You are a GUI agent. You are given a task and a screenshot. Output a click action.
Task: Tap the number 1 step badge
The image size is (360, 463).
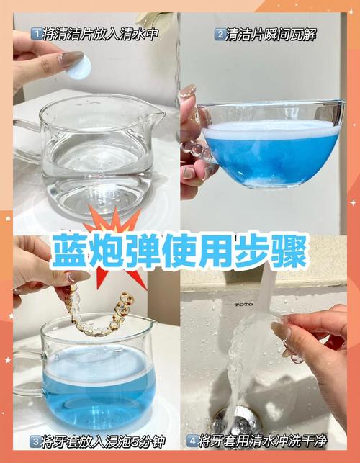[35, 34]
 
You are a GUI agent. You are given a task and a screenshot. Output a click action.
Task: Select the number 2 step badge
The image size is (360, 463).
[220, 34]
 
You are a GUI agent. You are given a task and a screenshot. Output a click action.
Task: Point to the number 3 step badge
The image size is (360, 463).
[35, 441]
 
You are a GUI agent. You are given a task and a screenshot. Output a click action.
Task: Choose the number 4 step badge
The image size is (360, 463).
[192, 441]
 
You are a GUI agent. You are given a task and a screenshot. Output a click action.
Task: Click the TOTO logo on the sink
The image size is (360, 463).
[243, 305]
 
